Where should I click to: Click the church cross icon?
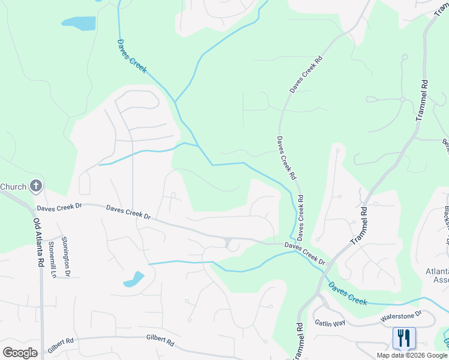pyautogui.click(x=35, y=186)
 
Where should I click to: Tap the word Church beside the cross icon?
pyautogui.click(x=13, y=187)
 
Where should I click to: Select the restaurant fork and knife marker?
pyautogui.click(x=403, y=338)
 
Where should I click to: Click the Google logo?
pyautogui.click(x=20, y=352)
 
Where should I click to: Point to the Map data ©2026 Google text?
pyautogui.click(x=412, y=355)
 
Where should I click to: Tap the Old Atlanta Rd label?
pyautogui.click(x=39, y=241)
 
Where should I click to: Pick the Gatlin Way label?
pyautogui.click(x=330, y=323)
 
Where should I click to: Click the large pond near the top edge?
pyautogui.click(x=79, y=23)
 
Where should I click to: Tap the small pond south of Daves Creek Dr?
pyautogui.click(x=134, y=280)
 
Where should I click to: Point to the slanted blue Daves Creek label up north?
pyautogui.click(x=131, y=57)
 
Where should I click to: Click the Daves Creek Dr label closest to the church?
pyautogui.click(x=58, y=208)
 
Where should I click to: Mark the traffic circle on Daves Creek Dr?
pyautogui.click(x=228, y=243)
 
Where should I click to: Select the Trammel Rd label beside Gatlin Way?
pyautogui.click(x=299, y=340)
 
